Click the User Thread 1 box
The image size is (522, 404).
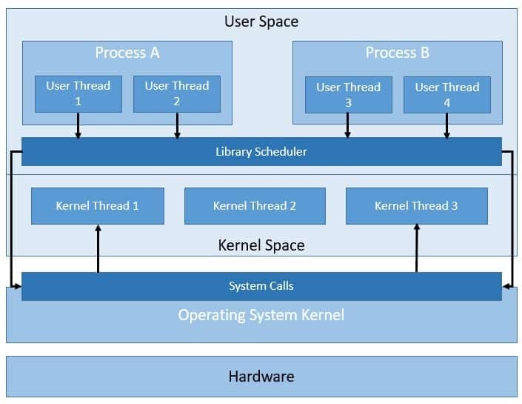tap(78, 93)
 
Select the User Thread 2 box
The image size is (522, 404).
tap(176, 93)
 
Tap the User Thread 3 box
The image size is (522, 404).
tap(348, 95)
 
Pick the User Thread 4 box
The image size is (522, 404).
tap(446, 95)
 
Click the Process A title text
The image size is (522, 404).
tap(127, 53)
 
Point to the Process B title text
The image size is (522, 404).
tap(397, 53)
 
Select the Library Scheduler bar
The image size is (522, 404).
tap(261, 152)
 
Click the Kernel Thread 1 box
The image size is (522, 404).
tap(97, 206)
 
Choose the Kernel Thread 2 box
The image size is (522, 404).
tap(255, 206)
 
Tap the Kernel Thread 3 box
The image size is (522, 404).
tap(416, 206)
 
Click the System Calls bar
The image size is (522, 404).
tap(261, 286)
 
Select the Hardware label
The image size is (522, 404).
tap(261, 377)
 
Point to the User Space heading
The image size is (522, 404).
tap(261, 21)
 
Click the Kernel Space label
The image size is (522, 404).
tap(261, 245)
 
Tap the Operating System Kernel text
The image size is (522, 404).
tap(261, 315)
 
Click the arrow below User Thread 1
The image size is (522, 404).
tap(78, 125)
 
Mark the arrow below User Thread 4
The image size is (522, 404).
tap(446, 125)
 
